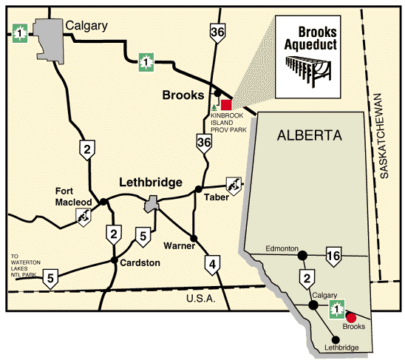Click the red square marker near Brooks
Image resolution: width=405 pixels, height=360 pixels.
pyautogui.click(x=226, y=104)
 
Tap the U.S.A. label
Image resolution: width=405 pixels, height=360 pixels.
pyautogui.click(x=200, y=298)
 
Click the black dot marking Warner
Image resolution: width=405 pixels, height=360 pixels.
pyautogui.click(x=192, y=238)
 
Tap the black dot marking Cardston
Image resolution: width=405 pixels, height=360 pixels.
pyautogui.click(x=114, y=260)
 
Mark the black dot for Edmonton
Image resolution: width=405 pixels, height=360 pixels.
pyautogui.click(x=302, y=256)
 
